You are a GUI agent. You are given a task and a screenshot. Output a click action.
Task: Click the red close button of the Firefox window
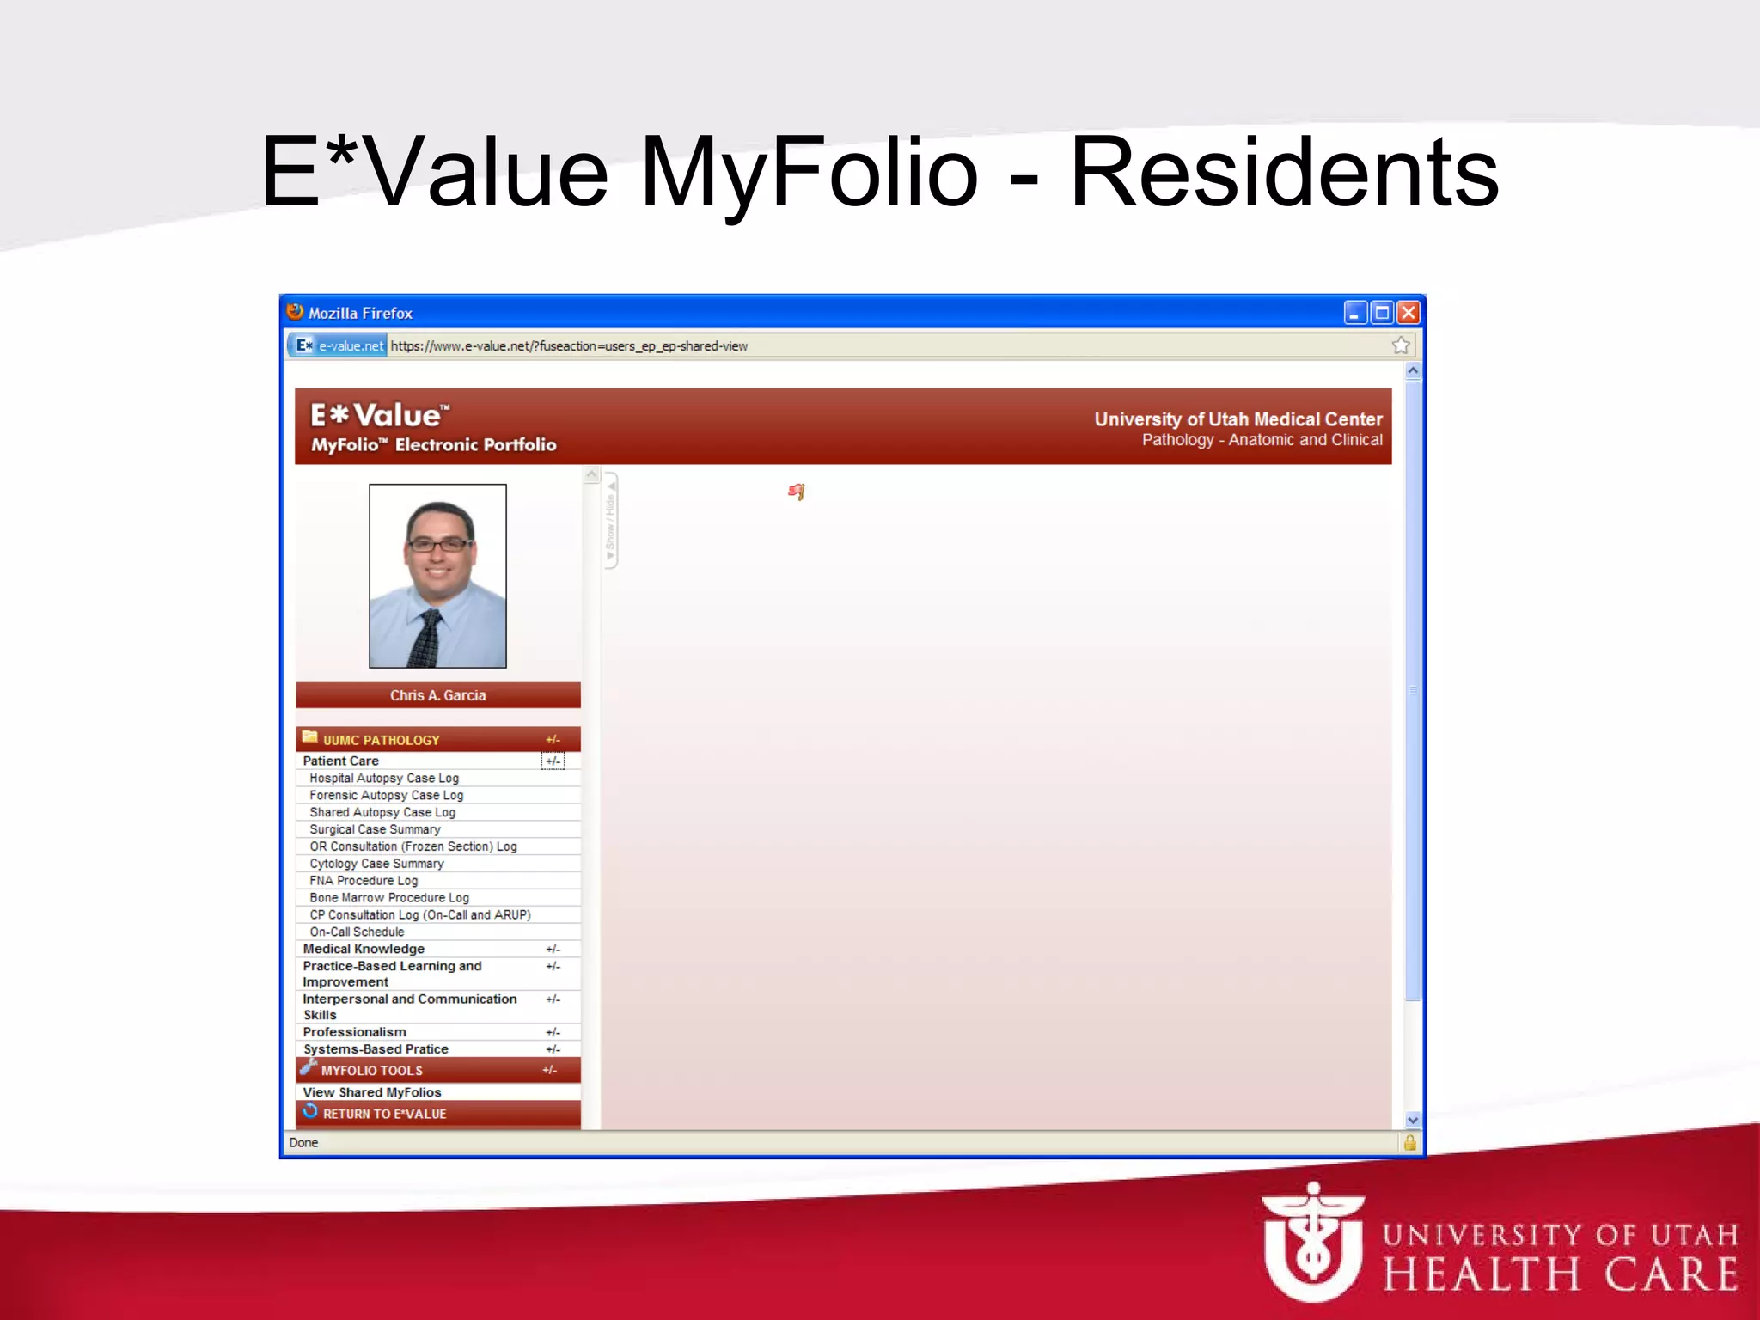pyautogui.click(x=1408, y=313)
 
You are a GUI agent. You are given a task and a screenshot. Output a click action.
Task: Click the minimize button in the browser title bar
pyautogui.click(x=1355, y=313)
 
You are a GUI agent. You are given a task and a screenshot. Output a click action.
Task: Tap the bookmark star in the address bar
pyautogui.click(x=1401, y=345)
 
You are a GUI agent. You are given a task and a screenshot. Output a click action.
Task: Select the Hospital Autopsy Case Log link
pyautogui.click(x=384, y=779)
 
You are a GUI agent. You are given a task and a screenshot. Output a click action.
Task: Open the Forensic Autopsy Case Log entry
pyautogui.click(x=386, y=796)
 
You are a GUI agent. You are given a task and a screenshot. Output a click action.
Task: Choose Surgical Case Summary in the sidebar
pyautogui.click(x=375, y=829)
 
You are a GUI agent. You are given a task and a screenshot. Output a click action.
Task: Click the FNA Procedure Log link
pyautogui.click(x=364, y=881)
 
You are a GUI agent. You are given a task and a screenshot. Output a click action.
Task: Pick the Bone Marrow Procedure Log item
pyautogui.click(x=389, y=898)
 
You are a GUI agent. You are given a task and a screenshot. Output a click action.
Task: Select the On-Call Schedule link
pyautogui.click(x=357, y=932)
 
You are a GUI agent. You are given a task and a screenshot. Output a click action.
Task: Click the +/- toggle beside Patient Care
pyautogui.click(x=553, y=761)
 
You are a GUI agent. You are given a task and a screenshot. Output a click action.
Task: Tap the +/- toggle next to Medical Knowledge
pyautogui.click(x=553, y=950)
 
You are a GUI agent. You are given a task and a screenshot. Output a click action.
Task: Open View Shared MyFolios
pyautogui.click(x=371, y=1092)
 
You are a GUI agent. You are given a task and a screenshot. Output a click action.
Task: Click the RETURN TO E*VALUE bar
pyautogui.click(x=384, y=1114)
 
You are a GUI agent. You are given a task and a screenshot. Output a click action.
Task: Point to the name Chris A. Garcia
pyautogui.click(x=437, y=695)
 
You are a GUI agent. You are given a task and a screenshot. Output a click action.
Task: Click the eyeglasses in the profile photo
pyautogui.click(x=438, y=544)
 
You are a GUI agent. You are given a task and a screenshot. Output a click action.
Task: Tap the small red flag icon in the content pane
pyautogui.click(x=797, y=492)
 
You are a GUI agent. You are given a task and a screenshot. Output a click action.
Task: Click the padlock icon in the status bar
pyautogui.click(x=1409, y=1142)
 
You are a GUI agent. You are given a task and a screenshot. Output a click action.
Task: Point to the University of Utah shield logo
pyautogui.click(x=1311, y=1243)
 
